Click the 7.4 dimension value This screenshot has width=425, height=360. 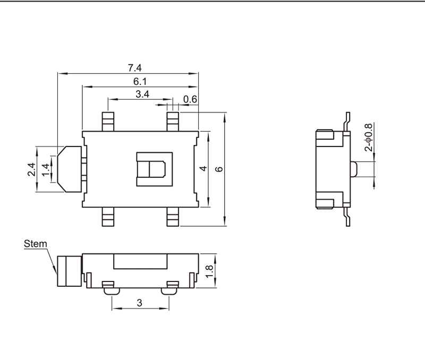tap(135, 68)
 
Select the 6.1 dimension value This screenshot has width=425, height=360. tap(140, 81)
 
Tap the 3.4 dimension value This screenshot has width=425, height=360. tap(142, 95)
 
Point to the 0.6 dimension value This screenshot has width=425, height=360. tap(190, 99)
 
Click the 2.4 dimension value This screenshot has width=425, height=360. tap(31, 169)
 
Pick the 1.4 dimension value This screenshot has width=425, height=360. tap(46, 169)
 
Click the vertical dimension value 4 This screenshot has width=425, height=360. tap(203, 168)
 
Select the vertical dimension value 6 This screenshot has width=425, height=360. tap(219, 169)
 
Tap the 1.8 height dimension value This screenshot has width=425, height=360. tap(209, 271)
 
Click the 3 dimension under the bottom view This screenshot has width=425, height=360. tap(139, 303)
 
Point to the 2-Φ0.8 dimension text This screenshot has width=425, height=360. tap(369, 137)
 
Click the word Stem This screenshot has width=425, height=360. tap(35, 244)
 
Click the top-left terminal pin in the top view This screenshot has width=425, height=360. tap(108, 122)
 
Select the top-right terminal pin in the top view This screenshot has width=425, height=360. tap(173, 122)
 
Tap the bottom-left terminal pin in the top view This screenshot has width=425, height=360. tap(108, 217)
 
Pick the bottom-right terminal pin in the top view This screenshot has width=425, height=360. tap(173, 217)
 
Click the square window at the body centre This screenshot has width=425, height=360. tap(155, 169)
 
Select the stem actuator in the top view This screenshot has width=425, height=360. tap(70, 169)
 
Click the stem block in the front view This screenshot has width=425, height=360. tap(70, 271)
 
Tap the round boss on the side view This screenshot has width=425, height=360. tap(354, 169)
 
